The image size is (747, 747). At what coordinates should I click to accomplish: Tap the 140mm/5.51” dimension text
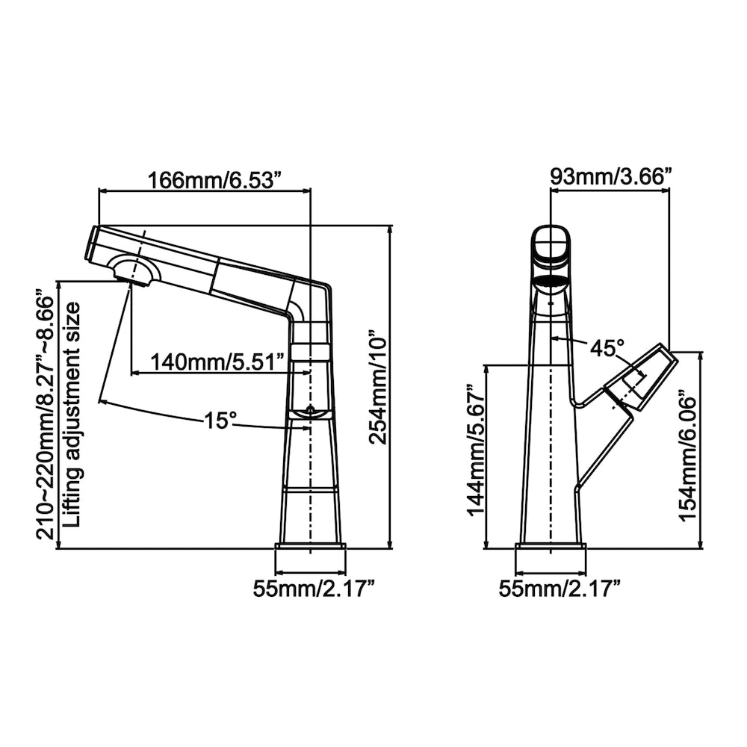pos(217,362)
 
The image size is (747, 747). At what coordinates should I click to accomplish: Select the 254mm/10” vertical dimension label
pos(379,388)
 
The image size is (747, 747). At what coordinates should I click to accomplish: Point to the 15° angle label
pos(221,421)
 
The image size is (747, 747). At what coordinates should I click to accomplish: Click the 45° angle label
pos(607,348)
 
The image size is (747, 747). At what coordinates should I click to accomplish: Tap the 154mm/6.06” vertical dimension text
pos(688,454)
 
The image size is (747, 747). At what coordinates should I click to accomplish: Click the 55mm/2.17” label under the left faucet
pos(313,589)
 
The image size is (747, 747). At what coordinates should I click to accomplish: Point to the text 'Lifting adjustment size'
pos(72,415)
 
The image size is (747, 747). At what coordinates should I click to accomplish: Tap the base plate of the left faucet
pos(311,557)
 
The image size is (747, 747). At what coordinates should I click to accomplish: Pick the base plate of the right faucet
pos(551,557)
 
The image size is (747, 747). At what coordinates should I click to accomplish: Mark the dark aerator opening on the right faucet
pos(551,282)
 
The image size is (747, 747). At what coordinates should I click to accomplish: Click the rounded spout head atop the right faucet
pos(551,247)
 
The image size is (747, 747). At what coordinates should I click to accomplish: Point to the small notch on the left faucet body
pos(310,411)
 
